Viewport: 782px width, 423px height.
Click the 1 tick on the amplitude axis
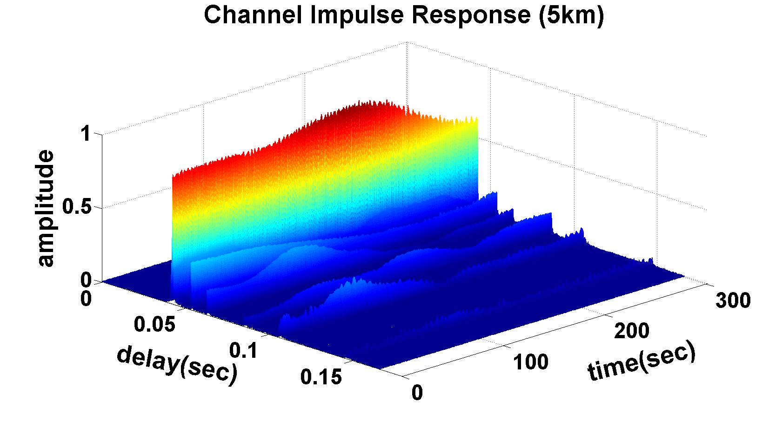pyautogui.click(x=85, y=135)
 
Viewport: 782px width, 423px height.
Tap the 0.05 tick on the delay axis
pyautogui.click(x=154, y=323)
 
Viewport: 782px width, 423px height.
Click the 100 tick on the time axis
pyautogui.click(x=531, y=362)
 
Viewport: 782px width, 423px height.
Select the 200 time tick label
pyautogui.click(x=631, y=331)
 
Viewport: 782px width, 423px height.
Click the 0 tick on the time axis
pyautogui.click(x=417, y=393)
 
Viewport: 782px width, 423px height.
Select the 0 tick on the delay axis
pyautogui.click(x=86, y=298)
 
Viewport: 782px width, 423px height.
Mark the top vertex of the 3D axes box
pyautogui.click(x=408, y=42)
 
